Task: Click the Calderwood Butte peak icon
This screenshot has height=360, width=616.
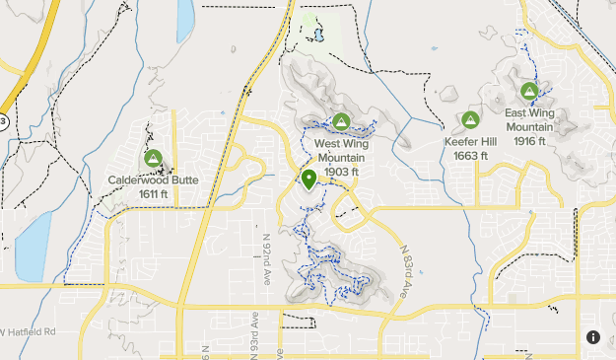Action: pos(153,158)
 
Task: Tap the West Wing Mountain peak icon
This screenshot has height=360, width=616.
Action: pos(341,121)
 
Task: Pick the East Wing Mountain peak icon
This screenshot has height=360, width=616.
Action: pos(528,93)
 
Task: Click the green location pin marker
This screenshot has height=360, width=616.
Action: pos(308,180)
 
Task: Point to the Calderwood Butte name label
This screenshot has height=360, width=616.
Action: pos(153,180)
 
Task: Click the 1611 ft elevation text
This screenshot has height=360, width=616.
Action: pos(153,194)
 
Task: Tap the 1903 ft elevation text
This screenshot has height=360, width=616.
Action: pos(341,172)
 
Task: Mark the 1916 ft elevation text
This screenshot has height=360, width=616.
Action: pos(529,141)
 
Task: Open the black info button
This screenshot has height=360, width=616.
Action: pos(593,337)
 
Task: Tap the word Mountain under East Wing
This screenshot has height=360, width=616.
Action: pos(529,127)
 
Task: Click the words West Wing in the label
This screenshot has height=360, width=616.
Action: pos(341,143)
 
